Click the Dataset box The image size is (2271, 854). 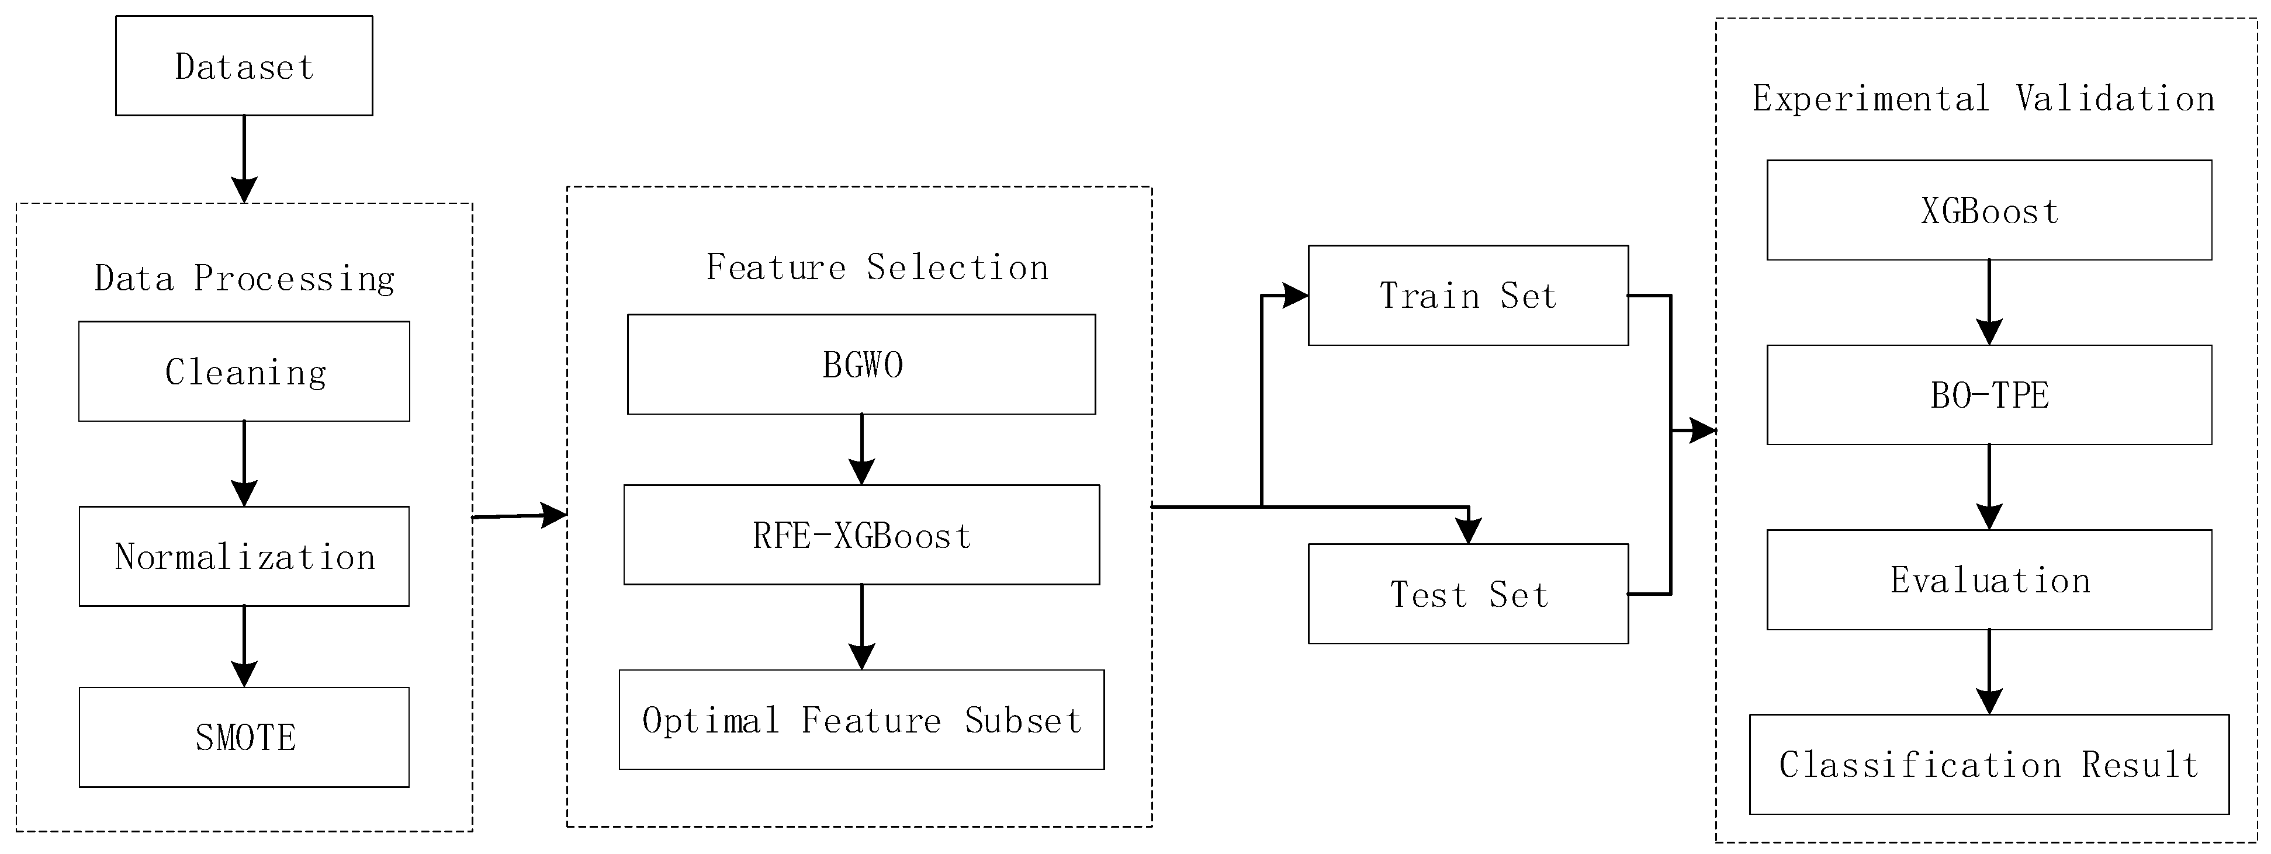244,66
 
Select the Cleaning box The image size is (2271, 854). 244,371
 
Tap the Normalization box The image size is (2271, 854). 244,556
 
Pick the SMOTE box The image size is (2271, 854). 244,737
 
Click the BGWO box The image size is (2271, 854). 861,364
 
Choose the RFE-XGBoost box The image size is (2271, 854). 861,535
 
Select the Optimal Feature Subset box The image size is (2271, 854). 861,720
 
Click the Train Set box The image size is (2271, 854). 1468,295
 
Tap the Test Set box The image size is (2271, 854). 1468,594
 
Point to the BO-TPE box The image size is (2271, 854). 1989,395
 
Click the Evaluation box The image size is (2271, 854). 1989,580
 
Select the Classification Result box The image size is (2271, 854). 1989,764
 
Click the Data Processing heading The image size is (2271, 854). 244,279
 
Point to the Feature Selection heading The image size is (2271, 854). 877,267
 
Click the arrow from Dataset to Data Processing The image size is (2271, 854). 244,159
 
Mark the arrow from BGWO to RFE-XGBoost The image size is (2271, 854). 861,449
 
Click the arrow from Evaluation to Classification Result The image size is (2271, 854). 1989,672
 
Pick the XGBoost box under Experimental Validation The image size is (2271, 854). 1989,211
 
